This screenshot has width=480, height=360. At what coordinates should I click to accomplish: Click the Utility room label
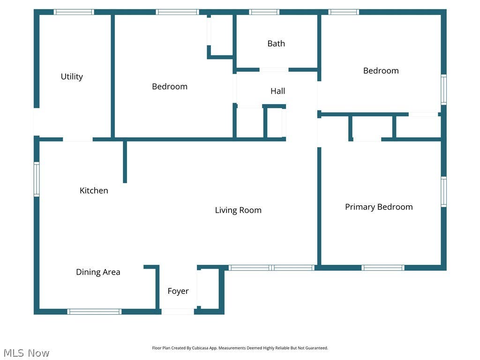coord(72,76)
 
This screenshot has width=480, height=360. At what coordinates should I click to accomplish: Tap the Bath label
coord(276,44)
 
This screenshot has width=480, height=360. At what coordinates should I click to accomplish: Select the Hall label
coord(277,91)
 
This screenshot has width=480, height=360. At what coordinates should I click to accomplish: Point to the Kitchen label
coord(94,190)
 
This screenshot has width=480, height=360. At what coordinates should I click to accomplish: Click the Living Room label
coord(238,210)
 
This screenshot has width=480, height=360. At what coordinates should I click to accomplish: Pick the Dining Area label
coord(98,272)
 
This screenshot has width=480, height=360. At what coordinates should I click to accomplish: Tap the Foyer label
coord(178,291)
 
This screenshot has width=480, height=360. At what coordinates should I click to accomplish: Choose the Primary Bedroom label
coord(379,207)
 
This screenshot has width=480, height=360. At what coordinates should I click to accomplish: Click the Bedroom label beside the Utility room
coord(170,87)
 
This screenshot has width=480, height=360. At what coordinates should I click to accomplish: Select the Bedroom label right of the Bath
coord(381,71)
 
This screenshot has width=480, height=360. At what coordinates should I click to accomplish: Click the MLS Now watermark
coord(26,353)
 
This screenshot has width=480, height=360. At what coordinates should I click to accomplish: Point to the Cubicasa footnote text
coord(240,348)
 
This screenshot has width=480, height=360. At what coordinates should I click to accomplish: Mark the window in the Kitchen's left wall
coord(37,180)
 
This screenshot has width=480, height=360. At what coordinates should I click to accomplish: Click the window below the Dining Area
coord(94,312)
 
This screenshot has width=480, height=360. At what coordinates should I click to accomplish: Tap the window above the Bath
coord(264,12)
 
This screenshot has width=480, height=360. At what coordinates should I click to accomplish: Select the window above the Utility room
coord(74,12)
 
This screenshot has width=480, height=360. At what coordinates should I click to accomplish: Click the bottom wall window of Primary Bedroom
coord(382,268)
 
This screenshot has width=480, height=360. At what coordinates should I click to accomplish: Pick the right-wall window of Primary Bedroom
coord(443,192)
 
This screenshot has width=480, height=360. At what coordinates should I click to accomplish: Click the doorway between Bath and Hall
coord(274,70)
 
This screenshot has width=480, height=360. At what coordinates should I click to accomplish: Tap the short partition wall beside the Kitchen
coord(125,162)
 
